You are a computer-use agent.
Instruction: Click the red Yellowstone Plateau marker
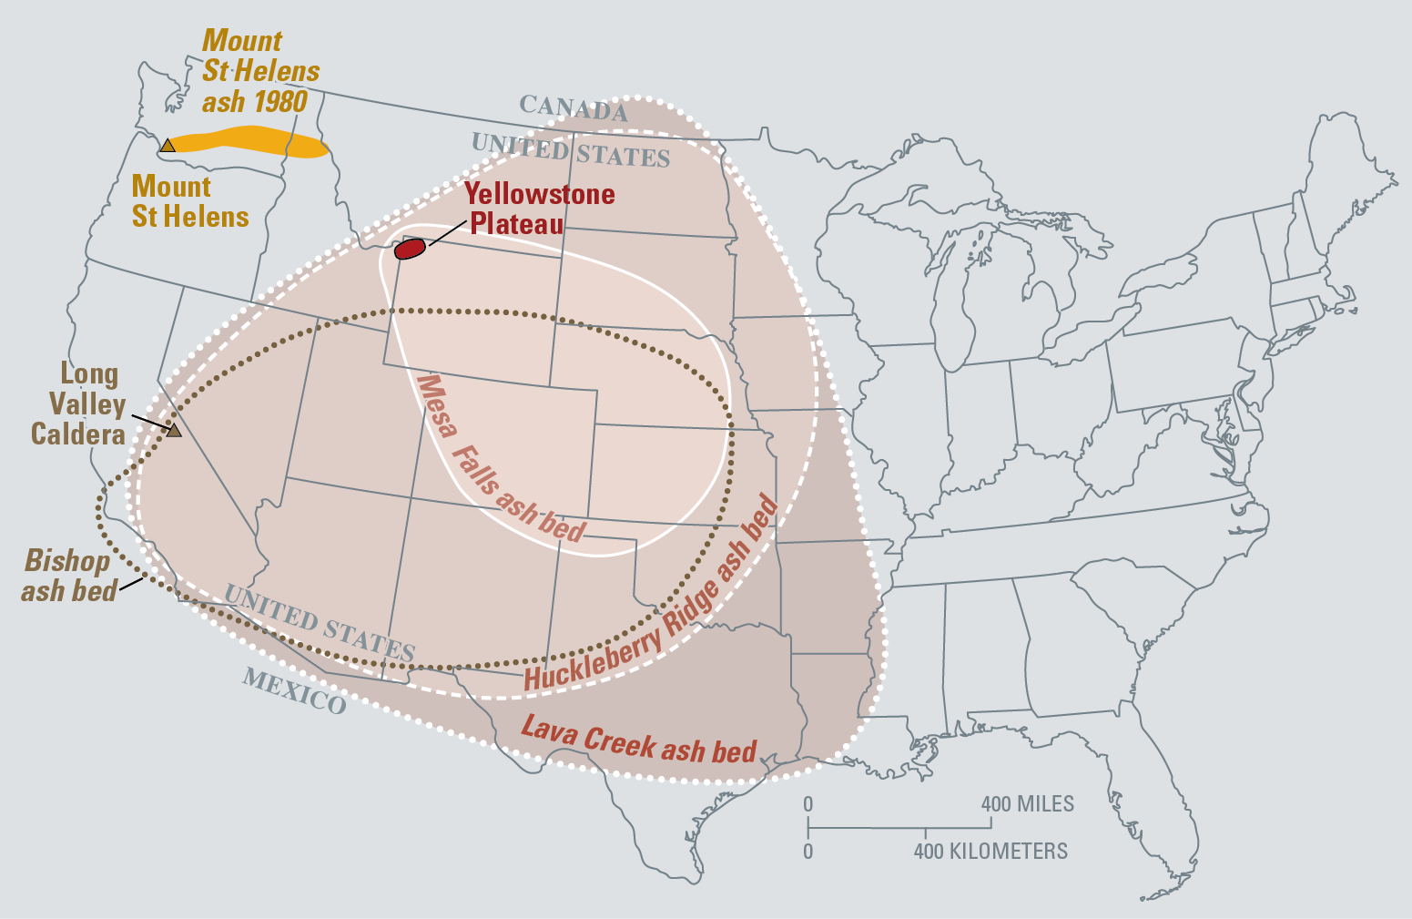pyautogui.click(x=410, y=249)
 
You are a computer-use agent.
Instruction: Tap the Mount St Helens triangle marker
pyautogui.click(x=168, y=146)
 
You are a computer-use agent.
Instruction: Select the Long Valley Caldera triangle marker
pyautogui.click(x=174, y=431)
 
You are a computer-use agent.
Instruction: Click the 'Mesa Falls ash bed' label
pyautogui.click(x=499, y=460)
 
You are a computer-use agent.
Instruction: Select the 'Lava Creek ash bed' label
pyautogui.click(x=638, y=740)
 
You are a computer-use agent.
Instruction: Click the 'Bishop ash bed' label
pyautogui.click(x=69, y=577)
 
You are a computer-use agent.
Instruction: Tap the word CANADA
pyautogui.click(x=574, y=109)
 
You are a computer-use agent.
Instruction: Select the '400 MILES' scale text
pyautogui.click(x=1027, y=805)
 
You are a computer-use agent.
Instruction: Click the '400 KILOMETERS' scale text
pyautogui.click(x=990, y=852)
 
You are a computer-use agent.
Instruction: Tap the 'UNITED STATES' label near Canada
pyautogui.click(x=570, y=150)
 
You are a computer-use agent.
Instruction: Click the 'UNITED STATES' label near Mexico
pyautogui.click(x=319, y=624)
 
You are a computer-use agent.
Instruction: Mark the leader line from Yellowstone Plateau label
pyautogui.click(x=446, y=233)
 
